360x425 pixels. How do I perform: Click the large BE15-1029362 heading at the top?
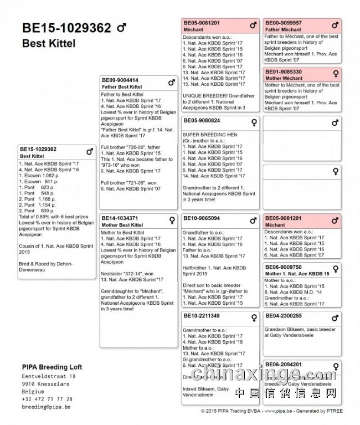pos(66,28)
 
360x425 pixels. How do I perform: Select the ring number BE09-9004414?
pos(120,80)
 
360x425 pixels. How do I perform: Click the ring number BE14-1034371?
pos(120,218)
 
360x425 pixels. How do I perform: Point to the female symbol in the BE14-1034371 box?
pos(172,219)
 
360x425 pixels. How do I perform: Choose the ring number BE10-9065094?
pos(202,218)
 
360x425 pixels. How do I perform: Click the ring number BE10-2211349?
pos(202,316)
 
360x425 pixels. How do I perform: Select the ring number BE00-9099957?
pos(284,23)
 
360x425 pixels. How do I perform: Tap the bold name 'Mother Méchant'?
pos(284,79)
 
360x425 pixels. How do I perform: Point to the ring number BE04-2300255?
pos(284,316)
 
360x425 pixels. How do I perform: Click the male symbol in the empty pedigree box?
pos(335,123)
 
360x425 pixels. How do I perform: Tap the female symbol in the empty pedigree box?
pos(335,171)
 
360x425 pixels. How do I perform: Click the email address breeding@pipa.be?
pos(47,407)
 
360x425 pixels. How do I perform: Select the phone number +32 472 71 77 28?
pos(47,399)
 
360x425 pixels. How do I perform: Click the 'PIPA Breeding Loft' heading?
pos(52,367)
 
